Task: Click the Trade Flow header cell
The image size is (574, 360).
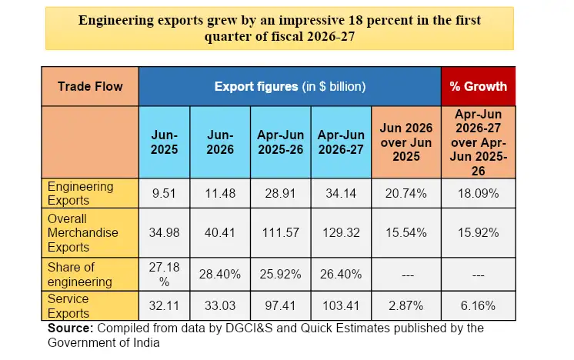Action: click(90, 86)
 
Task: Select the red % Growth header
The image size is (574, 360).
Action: click(478, 86)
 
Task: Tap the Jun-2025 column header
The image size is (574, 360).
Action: click(165, 142)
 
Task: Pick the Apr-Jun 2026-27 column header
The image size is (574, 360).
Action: click(341, 142)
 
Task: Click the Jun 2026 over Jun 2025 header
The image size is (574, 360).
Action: click(406, 142)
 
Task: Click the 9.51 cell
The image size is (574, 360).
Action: click(165, 193)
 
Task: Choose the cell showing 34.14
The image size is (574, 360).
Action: click(341, 193)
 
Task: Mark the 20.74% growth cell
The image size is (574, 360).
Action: click(406, 193)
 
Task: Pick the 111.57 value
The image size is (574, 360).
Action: click(280, 232)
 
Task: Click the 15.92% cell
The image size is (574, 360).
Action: click(478, 232)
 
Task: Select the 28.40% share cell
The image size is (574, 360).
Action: click(220, 275)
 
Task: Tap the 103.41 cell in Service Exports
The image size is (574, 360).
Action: click(341, 306)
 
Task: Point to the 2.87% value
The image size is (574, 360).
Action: click(406, 306)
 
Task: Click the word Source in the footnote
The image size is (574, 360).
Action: click(71, 328)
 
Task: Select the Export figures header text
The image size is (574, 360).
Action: click(256, 87)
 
